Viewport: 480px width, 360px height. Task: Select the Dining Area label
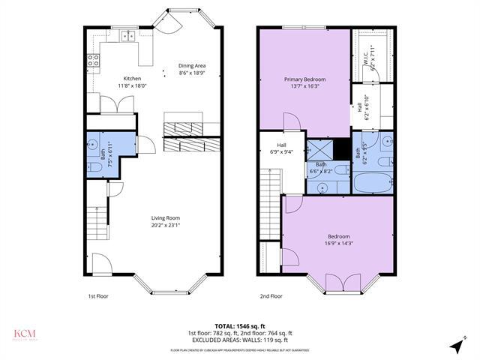[193, 65]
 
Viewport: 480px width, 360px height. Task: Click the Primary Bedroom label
[304, 79]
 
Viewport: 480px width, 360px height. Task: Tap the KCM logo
[25, 334]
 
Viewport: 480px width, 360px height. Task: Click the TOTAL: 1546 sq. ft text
[240, 326]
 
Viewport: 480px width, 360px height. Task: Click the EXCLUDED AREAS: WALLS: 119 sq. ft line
[240, 340]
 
